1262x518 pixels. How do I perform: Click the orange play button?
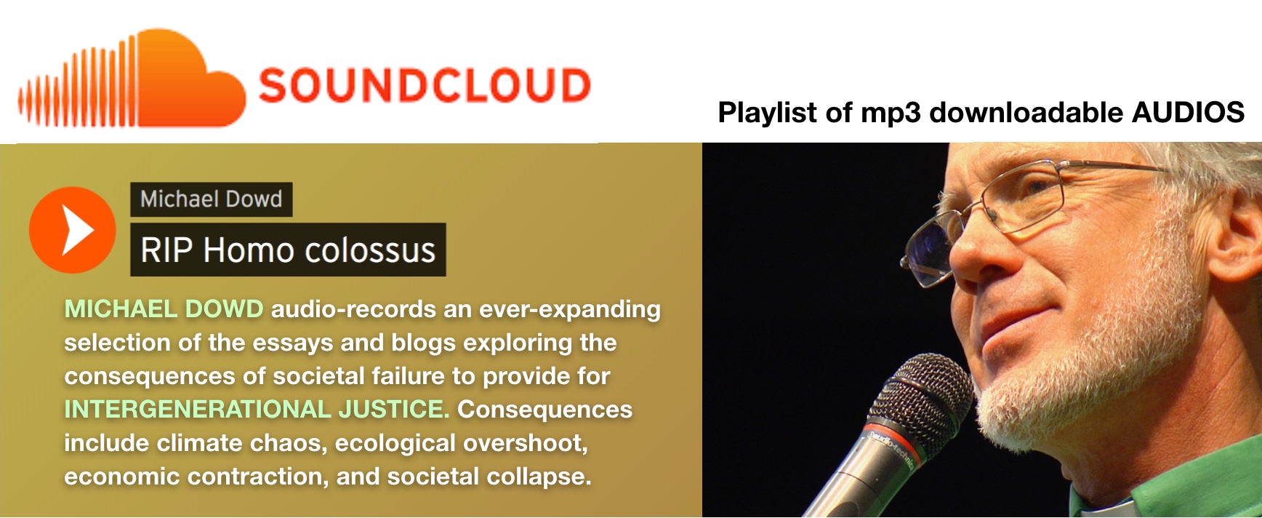72,230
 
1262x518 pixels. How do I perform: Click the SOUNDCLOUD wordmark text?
425,85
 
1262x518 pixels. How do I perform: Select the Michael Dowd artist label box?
212,199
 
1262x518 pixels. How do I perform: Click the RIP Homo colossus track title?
288,250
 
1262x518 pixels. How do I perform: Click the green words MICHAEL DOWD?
164,309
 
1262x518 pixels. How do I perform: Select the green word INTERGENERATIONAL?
197,410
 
